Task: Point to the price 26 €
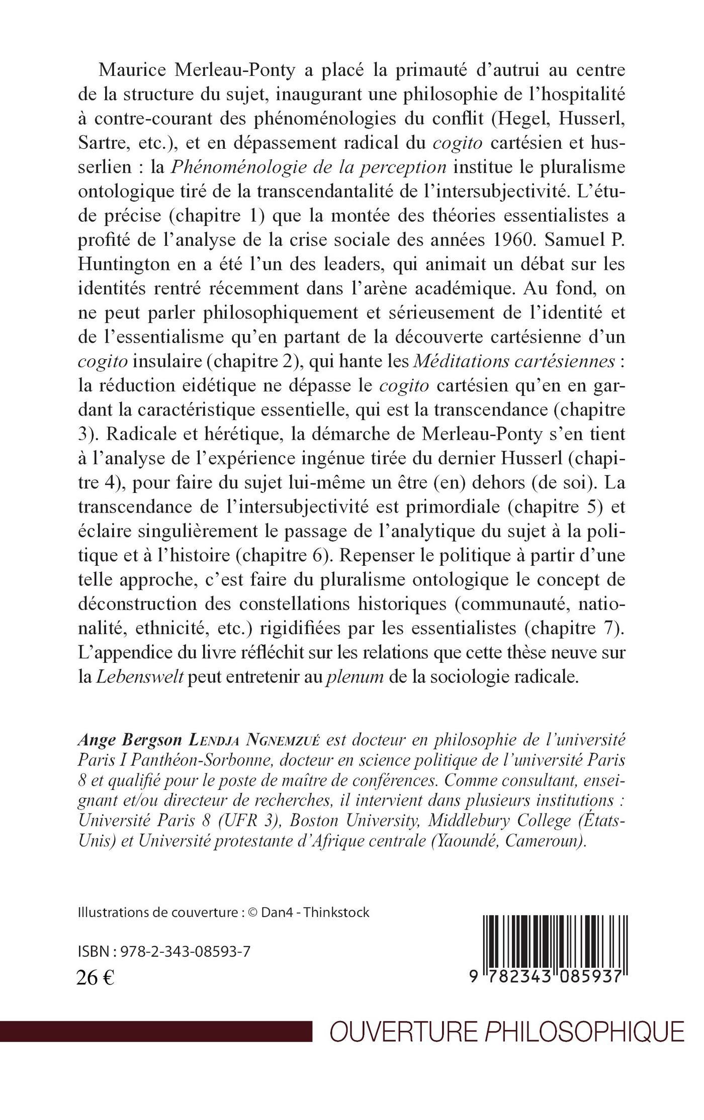(x=96, y=978)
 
